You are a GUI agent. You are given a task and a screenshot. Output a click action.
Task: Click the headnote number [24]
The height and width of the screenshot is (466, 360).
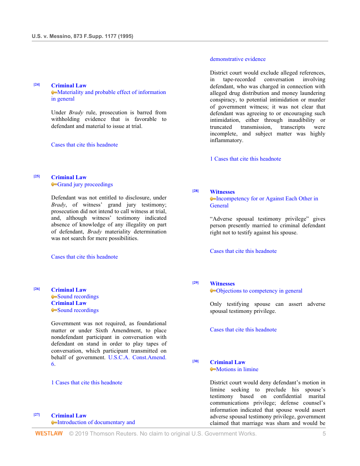point(37,85)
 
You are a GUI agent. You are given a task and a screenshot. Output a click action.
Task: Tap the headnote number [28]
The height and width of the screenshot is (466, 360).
point(195,191)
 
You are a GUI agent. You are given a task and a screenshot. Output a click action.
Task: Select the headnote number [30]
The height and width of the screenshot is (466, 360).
point(195,361)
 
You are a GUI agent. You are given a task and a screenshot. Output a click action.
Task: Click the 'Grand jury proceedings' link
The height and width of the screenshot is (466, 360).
point(85,184)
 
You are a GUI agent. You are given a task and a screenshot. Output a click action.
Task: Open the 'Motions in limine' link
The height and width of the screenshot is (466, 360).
point(237,369)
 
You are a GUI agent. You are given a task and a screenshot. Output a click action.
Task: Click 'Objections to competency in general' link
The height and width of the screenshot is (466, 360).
point(259,291)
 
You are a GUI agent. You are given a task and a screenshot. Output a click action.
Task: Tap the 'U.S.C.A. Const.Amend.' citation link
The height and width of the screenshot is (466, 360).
point(137,357)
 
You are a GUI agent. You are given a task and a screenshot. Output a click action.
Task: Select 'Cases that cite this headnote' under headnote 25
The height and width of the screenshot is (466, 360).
point(84,257)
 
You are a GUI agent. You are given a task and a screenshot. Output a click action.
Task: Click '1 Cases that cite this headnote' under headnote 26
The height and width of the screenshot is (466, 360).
point(86,383)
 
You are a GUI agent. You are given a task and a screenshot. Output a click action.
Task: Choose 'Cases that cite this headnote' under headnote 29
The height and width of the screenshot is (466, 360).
point(243,330)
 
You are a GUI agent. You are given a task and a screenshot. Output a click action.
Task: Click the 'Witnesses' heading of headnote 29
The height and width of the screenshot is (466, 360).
point(222,284)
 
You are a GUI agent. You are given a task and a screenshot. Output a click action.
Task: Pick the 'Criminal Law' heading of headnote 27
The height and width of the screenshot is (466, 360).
point(69,416)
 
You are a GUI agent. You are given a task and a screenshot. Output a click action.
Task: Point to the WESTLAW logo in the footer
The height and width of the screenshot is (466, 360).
point(49,434)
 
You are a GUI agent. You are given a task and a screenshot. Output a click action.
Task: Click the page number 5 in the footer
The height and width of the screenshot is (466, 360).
point(324,434)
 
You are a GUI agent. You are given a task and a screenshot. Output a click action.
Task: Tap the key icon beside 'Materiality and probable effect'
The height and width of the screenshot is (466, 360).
point(54,93)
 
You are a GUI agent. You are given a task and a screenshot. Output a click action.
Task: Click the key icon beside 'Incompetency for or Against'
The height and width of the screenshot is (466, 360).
point(213,199)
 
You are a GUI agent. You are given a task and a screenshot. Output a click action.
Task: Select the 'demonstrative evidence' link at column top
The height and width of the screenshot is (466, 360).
point(238,59)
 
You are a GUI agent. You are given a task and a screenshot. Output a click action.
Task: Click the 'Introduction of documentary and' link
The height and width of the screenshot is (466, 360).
point(96,422)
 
